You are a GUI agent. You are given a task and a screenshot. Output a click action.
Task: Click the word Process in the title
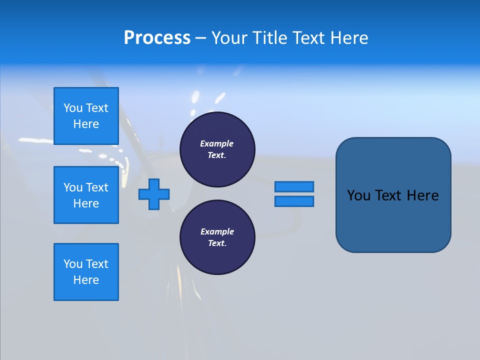pos(157,38)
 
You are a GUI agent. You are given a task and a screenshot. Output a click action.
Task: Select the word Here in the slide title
pos(349,38)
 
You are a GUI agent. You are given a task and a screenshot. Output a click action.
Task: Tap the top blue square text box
pos(86,116)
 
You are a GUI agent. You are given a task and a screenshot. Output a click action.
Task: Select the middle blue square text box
pos(86,195)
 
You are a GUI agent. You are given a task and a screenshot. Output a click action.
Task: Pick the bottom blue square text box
pos(86,272)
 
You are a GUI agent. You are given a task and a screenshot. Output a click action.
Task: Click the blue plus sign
pos(154,194)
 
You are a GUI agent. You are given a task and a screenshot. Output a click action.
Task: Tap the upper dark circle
pos(217,149)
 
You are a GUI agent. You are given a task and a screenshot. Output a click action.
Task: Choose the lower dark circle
pos(217,237)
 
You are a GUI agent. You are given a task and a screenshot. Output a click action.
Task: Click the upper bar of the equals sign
pos(294,186)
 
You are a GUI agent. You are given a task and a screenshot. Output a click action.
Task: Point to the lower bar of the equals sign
pos(294,201)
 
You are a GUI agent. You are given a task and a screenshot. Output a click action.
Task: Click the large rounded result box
pos(393,195)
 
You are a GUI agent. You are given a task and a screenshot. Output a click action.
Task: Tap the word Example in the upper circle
pos(217,143)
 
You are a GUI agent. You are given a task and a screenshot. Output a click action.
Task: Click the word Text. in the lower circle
pos(217,243)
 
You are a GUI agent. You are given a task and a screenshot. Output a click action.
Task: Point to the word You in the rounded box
pos(358,195)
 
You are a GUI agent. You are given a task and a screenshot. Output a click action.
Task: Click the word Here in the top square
pos(86,124)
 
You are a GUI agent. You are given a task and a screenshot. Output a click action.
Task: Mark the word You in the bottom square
pos(73,264)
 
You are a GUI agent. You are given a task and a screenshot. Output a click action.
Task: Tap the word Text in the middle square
pos(97,187)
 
